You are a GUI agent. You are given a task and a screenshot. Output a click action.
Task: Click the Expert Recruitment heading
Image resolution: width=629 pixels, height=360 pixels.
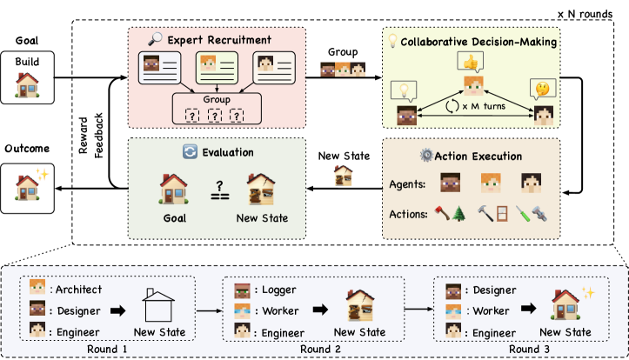(x=219, y=39)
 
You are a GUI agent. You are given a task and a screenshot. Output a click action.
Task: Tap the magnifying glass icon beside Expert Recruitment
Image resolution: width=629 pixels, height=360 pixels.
(x=157, y=38)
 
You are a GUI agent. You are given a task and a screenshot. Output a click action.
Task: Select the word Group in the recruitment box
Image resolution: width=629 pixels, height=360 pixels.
(x=217, y=99)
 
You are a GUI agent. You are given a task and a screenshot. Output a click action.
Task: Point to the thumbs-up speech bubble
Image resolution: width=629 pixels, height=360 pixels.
(x=472, y=63)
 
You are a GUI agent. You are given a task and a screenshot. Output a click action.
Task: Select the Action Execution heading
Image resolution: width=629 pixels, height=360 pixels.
(x=479, y=157)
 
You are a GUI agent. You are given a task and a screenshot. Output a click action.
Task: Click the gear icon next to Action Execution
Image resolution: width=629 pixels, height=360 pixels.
(x=426, y=157)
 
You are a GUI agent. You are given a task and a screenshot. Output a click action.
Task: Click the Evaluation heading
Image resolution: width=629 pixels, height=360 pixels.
(x=229, y=151)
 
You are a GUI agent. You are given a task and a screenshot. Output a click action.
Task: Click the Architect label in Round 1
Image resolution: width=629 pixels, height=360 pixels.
(x=77, y=290)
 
